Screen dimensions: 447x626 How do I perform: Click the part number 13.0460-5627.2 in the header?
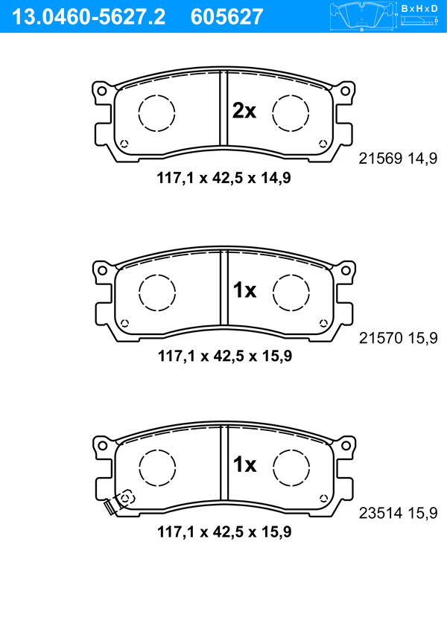[x=89, y=17]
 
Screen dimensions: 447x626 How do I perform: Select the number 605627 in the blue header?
[x=226, y=17]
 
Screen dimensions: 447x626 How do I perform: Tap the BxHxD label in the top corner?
[x=419, y=8]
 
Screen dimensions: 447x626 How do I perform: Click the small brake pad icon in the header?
[x=362, y=16]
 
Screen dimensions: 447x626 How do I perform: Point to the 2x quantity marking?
[x=244, y=111]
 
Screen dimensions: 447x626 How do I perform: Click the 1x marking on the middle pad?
[x=244, y=290]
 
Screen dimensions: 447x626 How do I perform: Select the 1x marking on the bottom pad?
[x=244, y=464]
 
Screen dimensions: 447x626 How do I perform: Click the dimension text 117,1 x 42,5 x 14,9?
[x=223, y=178]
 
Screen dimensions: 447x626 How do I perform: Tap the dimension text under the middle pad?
[x=225, y=356]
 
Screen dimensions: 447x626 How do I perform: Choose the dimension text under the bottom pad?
[x=224, y=531]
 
